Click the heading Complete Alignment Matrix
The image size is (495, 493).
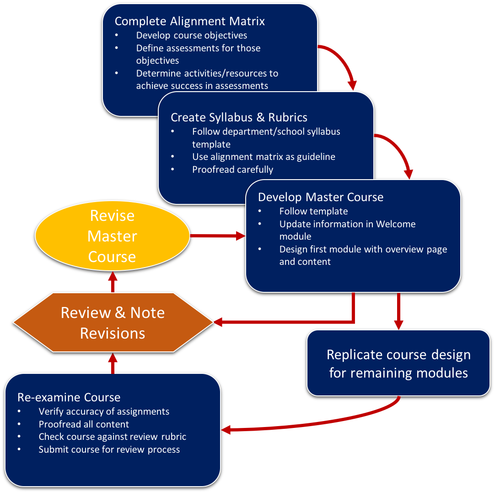point(189,21)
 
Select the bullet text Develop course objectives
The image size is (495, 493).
point(191,35)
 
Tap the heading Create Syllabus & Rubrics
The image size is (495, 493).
point(239,117)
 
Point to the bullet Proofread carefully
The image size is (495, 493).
point(232,170)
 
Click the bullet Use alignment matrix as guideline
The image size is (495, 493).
point(264,157)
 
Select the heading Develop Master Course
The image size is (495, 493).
point(320,197)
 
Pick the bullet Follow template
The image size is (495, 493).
point(313,211)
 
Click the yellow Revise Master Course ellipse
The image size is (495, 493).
point(112,236)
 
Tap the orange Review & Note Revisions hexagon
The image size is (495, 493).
point(113,323)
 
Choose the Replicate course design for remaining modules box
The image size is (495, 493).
point(398,363)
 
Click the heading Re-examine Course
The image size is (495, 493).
point(69,397)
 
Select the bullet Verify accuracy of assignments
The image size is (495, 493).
point(104,411)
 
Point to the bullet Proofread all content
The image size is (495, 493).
point(84,424)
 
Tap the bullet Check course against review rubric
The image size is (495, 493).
point(112,437)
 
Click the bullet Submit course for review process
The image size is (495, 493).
point(109,449)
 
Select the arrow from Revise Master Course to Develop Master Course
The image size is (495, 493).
point(217,236)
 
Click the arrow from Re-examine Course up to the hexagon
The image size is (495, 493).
point(113,363)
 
